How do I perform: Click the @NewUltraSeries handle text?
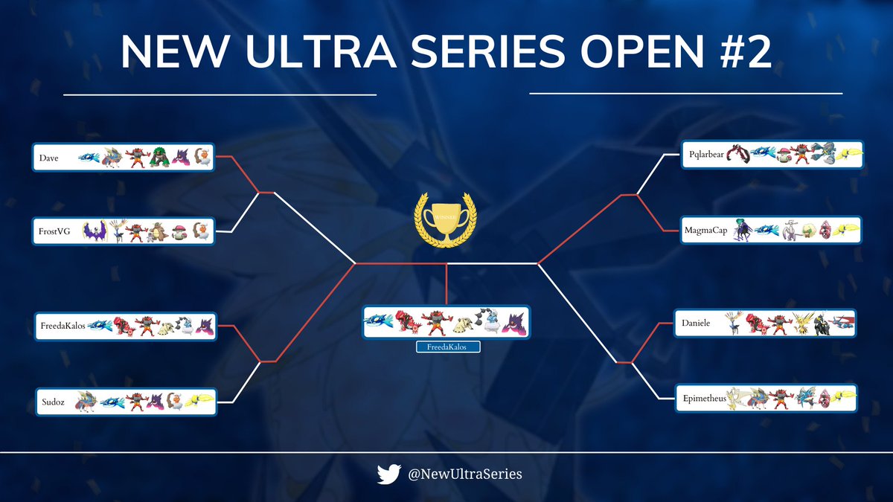pyautogui.click(x=464, y=474)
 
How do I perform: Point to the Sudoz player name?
pyautogui.click(x=54, y=402)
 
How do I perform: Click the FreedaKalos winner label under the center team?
pyautogui.click(x=447, y=347)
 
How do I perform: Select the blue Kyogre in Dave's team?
pyautogui.click(x=89, y=158)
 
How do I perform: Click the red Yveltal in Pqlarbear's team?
pyautogui.click(x=738, y=155)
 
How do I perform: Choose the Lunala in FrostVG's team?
pyautogui.click(x=93, y=231)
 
